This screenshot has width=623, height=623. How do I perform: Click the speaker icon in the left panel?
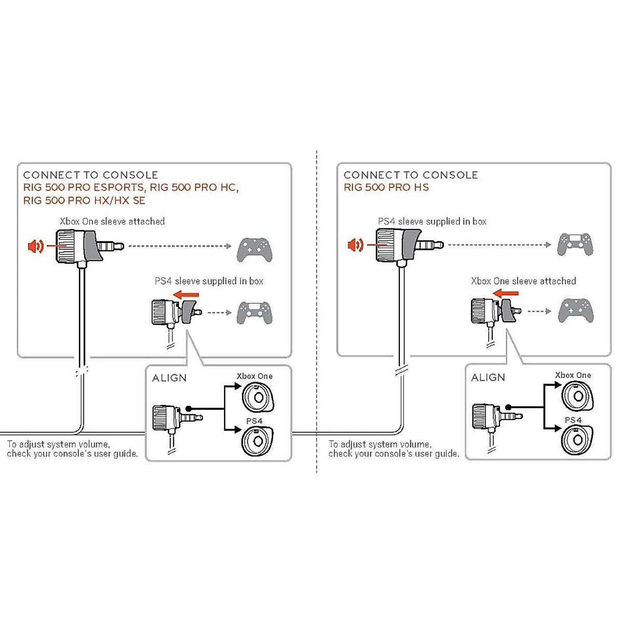36,247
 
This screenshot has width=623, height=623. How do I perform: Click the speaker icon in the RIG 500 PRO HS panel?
355,245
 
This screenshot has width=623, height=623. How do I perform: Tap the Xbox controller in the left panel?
254,250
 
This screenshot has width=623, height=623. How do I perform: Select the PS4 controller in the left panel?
254,313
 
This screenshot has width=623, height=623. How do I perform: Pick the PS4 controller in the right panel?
575,244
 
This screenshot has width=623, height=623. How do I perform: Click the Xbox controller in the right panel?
575,310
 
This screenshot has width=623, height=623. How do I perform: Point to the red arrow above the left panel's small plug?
186,294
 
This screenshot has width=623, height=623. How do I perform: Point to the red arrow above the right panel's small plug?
505,293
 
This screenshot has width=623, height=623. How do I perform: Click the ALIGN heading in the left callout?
169,378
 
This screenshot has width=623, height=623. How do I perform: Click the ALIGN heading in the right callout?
488,377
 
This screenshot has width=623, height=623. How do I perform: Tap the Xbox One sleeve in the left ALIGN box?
258,397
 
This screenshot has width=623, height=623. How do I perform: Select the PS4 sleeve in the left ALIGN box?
258,441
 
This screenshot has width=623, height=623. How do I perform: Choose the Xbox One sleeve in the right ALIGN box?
577,396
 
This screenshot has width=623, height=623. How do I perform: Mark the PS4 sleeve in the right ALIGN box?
577,440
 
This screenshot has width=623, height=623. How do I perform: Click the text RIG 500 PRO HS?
386,187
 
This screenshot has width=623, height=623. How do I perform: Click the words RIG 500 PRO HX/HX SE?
84,200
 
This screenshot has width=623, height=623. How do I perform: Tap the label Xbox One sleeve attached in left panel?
112,222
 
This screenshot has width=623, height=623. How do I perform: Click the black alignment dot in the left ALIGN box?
189,409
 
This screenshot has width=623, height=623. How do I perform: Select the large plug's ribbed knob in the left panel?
65,246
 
